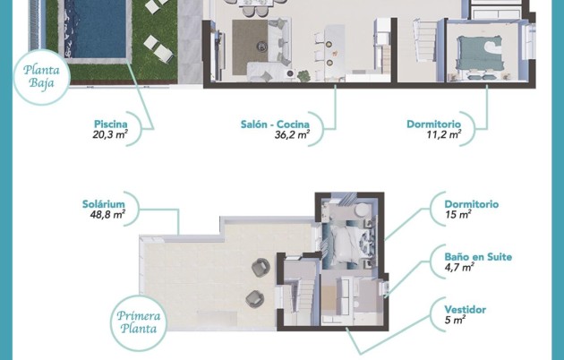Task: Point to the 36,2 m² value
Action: (x=292, y=136)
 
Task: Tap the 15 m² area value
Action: (x=457, y=215)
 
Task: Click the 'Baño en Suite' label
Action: (x=478, y=256)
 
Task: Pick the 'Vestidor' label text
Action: (x=466, y=309)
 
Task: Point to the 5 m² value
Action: (x=454, y=321)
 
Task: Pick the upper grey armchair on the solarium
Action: (x=261, y=266)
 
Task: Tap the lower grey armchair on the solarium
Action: (x=254, y=298)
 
